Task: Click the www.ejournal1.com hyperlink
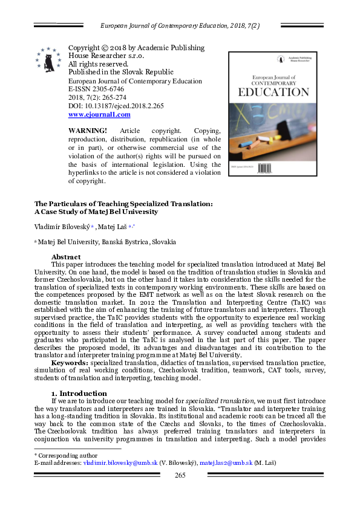pos(99,114)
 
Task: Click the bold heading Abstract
pos(70,257)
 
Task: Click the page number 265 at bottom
pos(180,475)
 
